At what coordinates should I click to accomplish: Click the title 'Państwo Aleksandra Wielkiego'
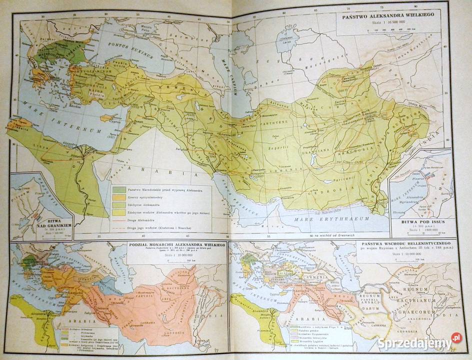pyautogui.click(x=388, y=16)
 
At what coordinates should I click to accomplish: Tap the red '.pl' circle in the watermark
pyautogui.click(x=455, y=339)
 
